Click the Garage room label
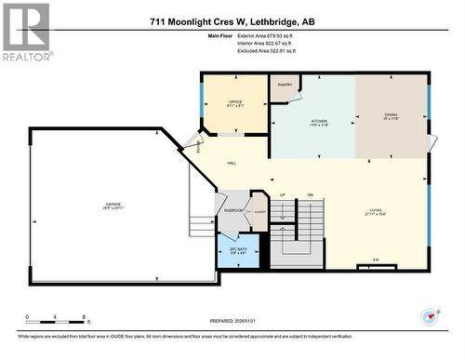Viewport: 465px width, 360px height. tap(113, 206)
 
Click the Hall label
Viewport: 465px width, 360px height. tap(231, 164)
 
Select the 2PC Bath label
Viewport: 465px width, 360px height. tap(238, 250)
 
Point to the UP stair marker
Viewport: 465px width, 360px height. tap(281, 194)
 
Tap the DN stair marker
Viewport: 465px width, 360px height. tap(311, 194)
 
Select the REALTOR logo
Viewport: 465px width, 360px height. tap(25, 32)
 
